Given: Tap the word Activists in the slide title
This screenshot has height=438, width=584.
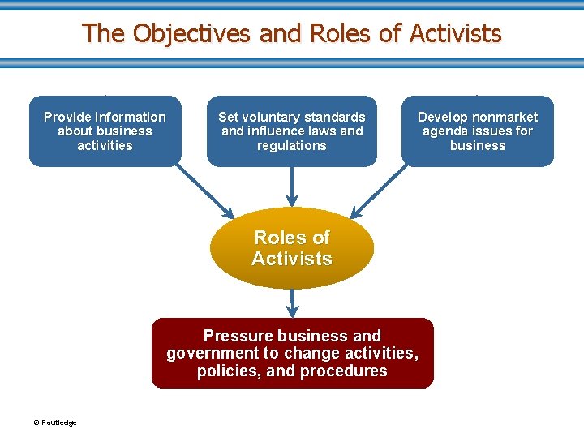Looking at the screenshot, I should (x=455, y=34).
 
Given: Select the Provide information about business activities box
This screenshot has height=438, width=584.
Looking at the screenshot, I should (x=105, y=131).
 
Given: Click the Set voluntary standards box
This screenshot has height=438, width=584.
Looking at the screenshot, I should (x=292, y=131).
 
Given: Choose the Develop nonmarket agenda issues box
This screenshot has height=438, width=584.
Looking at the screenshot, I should (x=478, y=131).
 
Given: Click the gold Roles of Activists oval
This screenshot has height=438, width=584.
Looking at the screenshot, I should (x=292, y=248).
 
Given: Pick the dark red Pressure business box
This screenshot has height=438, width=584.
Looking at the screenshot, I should (x=292, y=354).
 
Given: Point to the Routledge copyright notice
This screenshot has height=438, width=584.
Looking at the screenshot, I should (x=55, y=423).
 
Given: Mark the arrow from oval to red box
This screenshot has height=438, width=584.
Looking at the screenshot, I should (x=292, y=303).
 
